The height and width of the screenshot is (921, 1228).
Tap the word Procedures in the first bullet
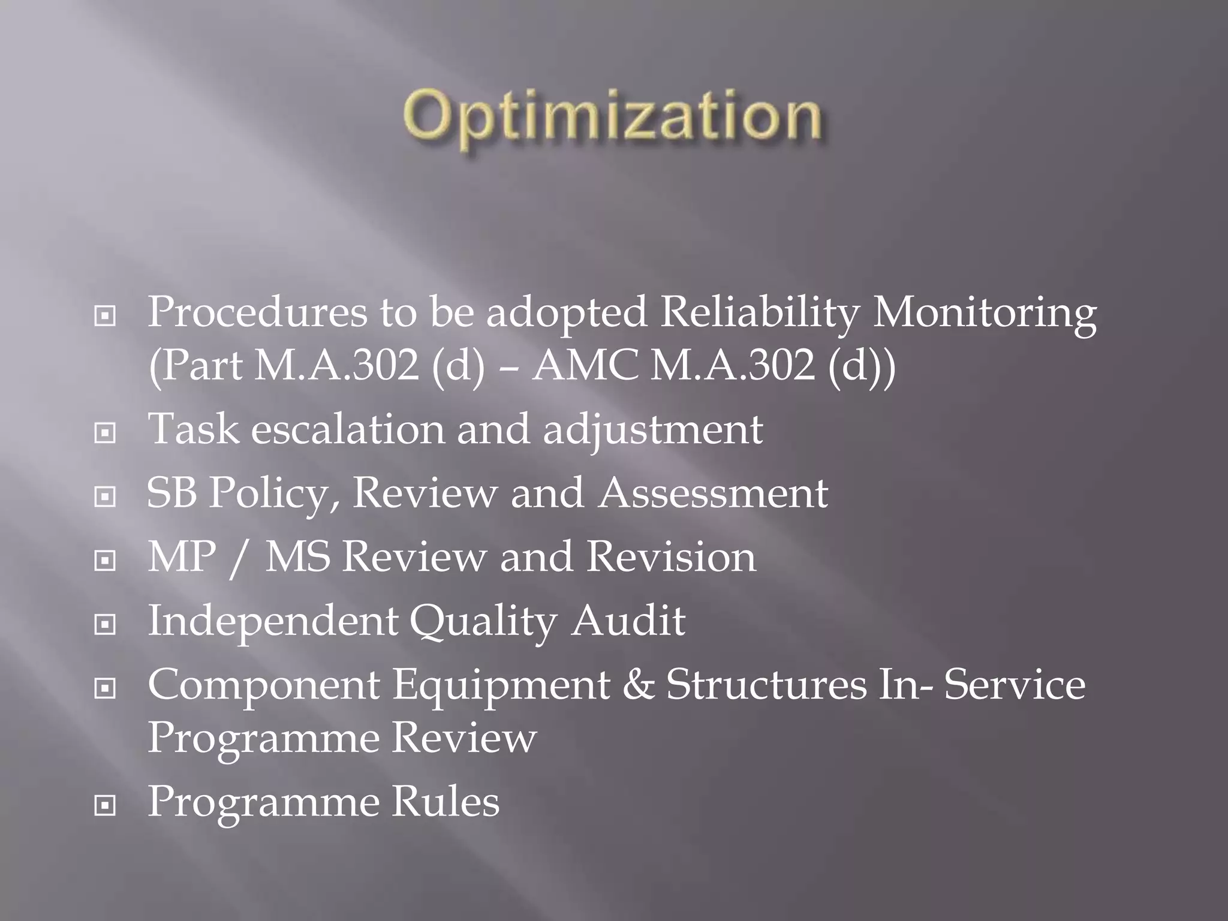[257, 312]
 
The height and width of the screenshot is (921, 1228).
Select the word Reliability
[759, 312]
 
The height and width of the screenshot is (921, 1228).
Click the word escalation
[348, 429]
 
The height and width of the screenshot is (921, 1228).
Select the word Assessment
[713, 493]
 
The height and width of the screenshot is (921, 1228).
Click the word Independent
[272, 621]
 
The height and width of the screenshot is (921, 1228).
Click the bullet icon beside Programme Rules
[105, 805]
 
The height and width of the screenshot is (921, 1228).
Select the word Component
[264, 685]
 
